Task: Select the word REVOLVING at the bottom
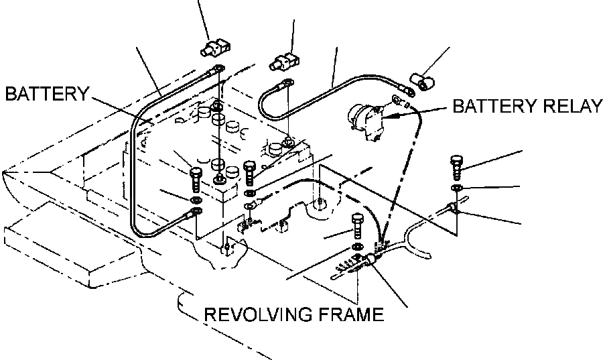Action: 255,314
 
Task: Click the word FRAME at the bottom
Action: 352,314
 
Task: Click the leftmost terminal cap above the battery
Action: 214,49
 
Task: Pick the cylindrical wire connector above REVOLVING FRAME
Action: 370,262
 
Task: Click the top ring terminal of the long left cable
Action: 218,68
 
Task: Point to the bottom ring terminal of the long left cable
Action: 196,213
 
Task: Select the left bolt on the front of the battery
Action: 196,178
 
